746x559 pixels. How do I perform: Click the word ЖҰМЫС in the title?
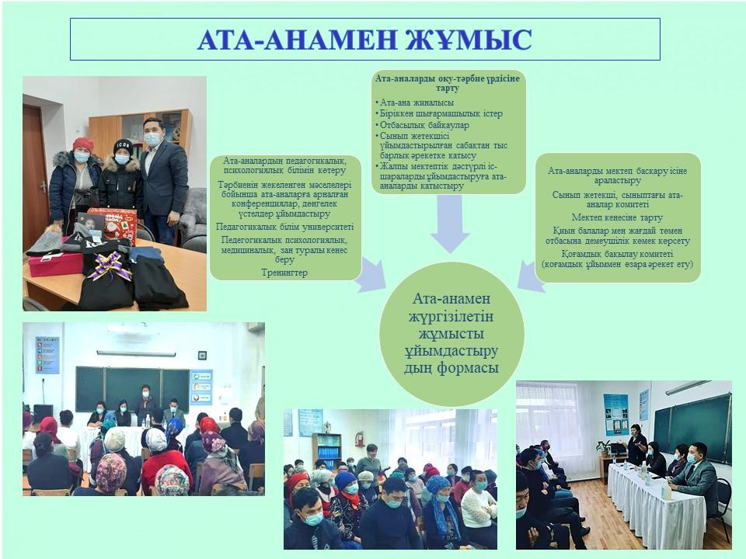click(468, 40)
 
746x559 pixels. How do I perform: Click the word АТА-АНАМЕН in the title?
click(298, 40)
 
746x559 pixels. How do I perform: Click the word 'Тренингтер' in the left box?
click(284, 273)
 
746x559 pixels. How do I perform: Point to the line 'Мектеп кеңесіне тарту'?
click(617, 217)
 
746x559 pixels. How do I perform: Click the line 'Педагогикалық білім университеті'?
click(284, 227)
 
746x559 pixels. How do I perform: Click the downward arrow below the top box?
click(450, 224)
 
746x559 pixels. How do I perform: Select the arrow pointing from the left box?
click(372, 275)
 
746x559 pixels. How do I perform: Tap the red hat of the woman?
click(83, 144)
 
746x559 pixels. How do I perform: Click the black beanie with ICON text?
click(124, 147)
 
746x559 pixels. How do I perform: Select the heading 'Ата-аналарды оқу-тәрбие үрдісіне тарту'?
click(448, 83)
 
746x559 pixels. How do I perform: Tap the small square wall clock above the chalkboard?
click(202, 355)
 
